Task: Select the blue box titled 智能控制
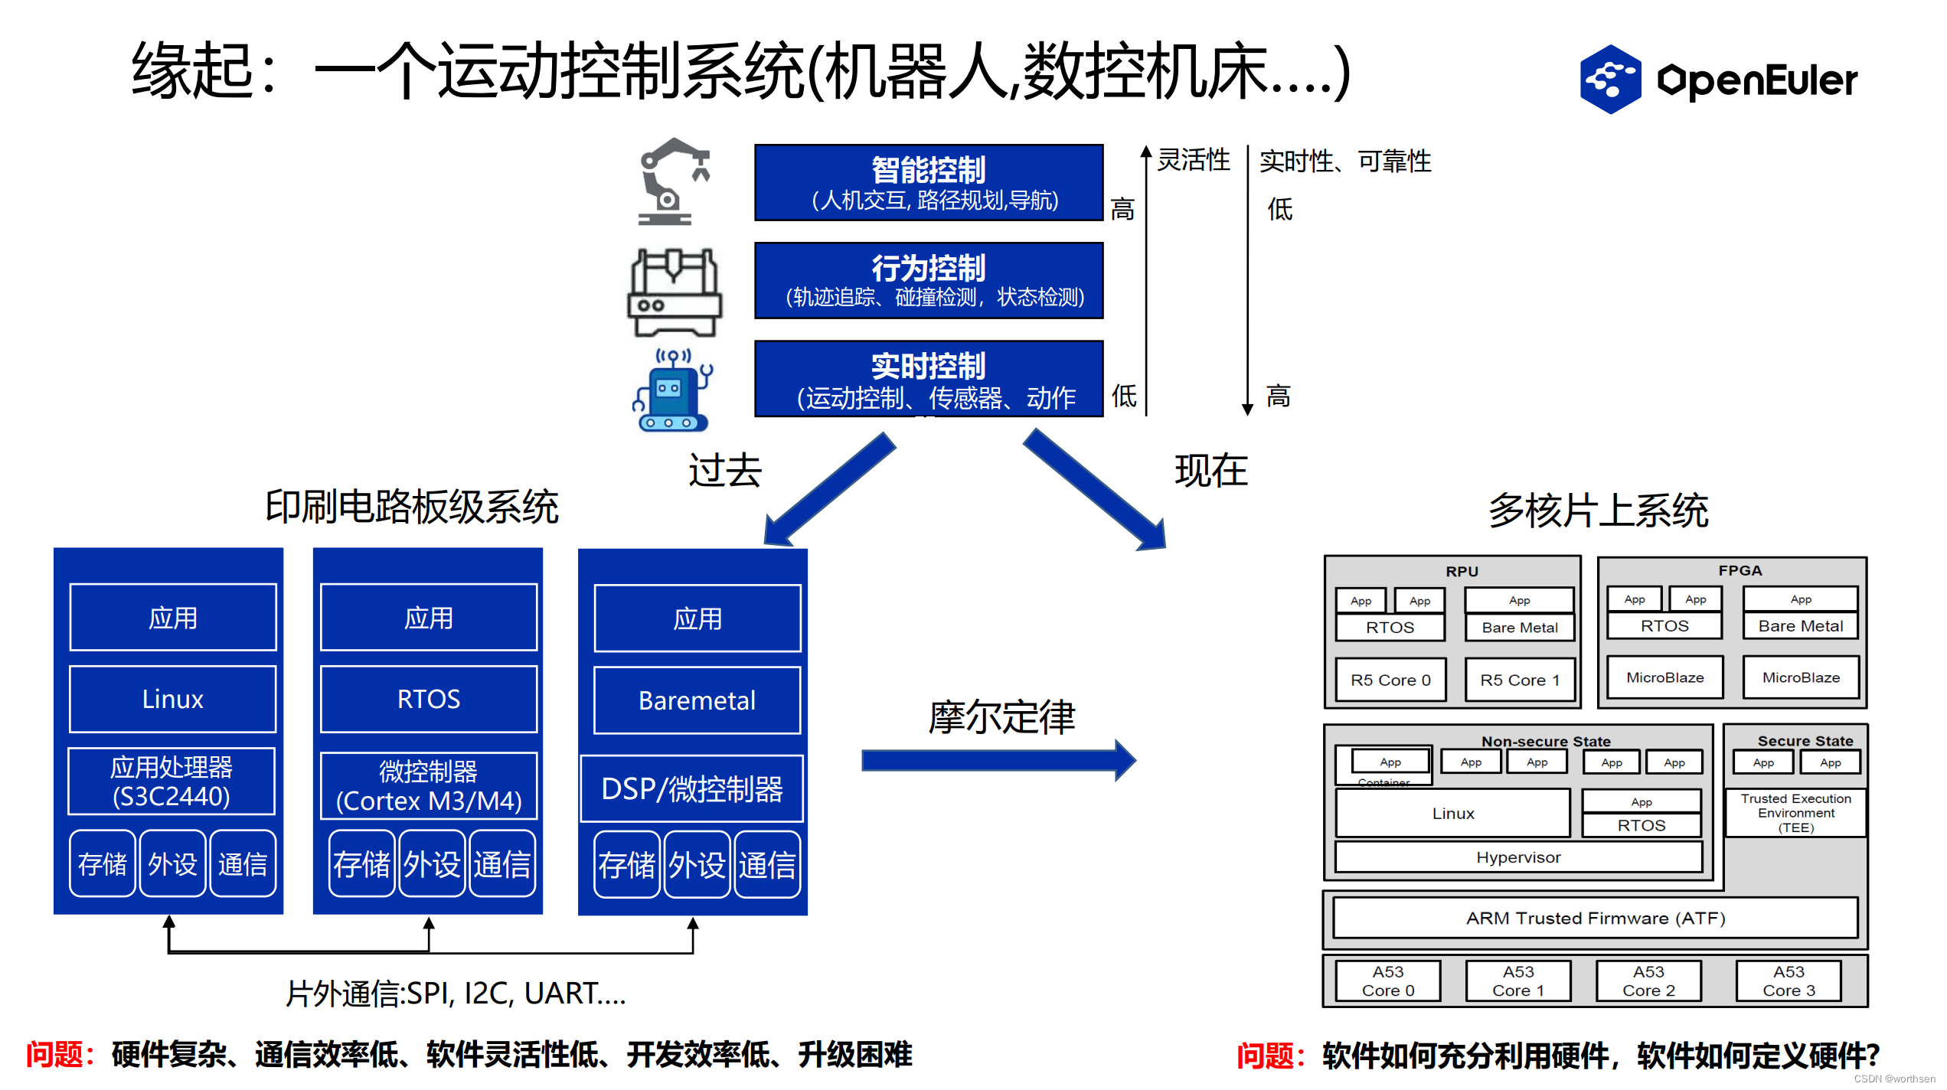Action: click(x=928, y=182)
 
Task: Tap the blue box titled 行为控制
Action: click(x=928, y=280)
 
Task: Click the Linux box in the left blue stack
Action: click(x=172, y=699)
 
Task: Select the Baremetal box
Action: click(x=697, y=700)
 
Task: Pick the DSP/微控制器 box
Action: click(x=692, y=788)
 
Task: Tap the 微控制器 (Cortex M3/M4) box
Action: click(x=428, y=786)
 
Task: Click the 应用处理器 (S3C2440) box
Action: click(x=172, y=782)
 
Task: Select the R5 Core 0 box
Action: click(x=1390, y=680)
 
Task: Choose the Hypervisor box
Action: click(x=1517, y=857)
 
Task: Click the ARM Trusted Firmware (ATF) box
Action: click(x=1595, y=918)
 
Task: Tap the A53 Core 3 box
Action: click(x=1788, y=981)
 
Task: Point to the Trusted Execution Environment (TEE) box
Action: click(x=1795, y=813)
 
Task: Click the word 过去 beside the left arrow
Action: click(x=724, y=470)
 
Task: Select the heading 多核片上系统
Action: click(x=1598, y=511)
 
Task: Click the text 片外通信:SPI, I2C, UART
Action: click(x=456, y=994)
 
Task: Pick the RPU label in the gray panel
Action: click(x=1462, y=571)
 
